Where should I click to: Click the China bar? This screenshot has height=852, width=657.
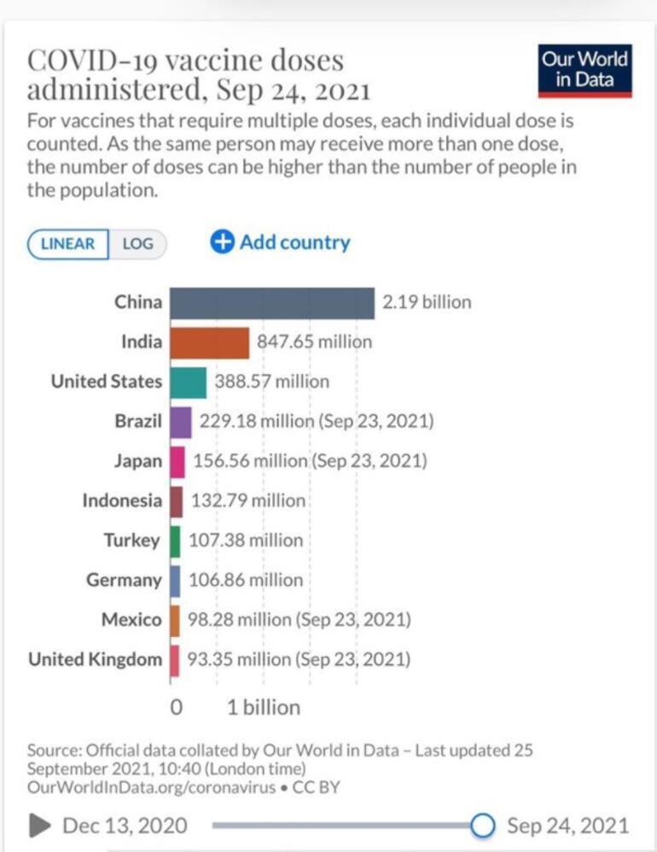[271, 303]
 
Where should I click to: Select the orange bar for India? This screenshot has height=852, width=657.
[209, 343]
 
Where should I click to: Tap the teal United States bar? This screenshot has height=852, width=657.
[188, 382]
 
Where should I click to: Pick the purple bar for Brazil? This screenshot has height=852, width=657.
[180, 422]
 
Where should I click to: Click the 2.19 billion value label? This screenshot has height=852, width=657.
[427, 302]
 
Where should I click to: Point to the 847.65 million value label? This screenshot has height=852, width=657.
[314, 342]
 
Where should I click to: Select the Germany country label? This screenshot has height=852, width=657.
[124, 580]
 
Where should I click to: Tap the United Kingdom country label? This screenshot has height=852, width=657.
[95, 659]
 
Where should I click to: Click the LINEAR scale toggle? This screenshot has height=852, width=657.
[68, 244]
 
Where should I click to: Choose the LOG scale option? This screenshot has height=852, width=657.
[137, 244]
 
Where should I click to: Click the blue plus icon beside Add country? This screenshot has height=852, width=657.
[222, 242]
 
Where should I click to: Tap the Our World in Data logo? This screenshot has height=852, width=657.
[585, 71]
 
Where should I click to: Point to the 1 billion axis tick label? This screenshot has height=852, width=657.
[264, 707]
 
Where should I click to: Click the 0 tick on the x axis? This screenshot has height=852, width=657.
[177, 707]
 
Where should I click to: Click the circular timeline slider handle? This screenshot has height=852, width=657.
[483, 825]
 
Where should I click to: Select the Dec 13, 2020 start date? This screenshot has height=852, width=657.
[125, 826]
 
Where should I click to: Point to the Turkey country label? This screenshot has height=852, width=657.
[132, 541]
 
